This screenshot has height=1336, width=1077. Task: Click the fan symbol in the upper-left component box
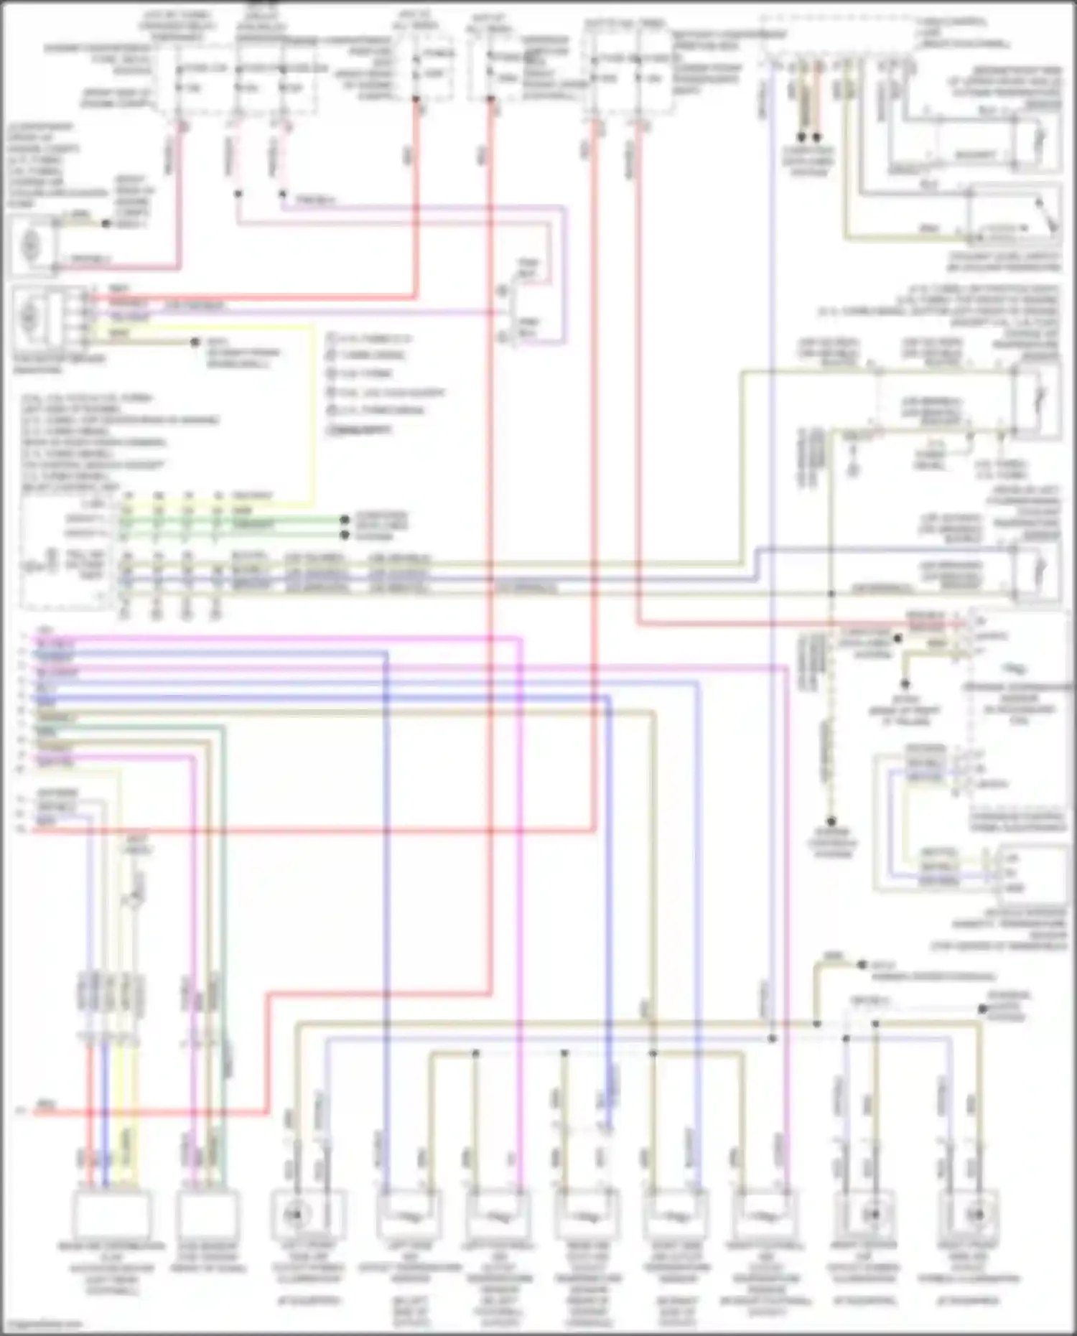click(31, 246)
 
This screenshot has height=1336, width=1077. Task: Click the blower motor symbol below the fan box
click(30, 316)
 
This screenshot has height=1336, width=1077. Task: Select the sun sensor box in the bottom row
click(208, 1214)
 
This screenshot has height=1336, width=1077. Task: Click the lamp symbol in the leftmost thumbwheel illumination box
click(294, 1215)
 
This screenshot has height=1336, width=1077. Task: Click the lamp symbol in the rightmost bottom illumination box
click(975, 1215)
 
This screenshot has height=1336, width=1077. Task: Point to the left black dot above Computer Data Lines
click(802, 136)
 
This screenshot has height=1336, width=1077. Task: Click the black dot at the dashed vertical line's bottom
click(831, 821)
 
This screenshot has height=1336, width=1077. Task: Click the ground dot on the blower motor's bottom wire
click(195, 342)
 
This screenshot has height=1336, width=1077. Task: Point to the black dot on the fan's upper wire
click(106, 224)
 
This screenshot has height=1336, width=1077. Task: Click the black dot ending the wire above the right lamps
click(982, 1009)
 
